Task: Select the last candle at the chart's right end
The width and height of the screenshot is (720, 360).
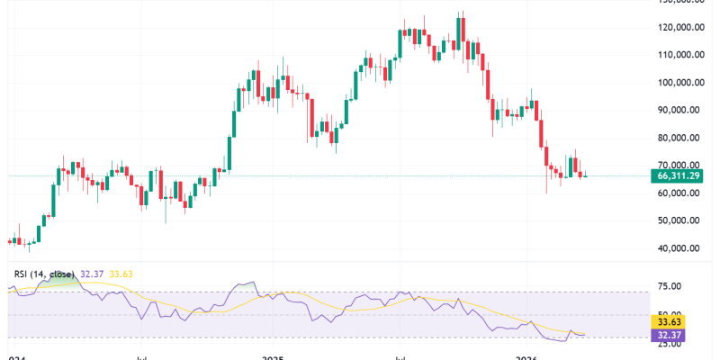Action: tap(587, 175)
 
